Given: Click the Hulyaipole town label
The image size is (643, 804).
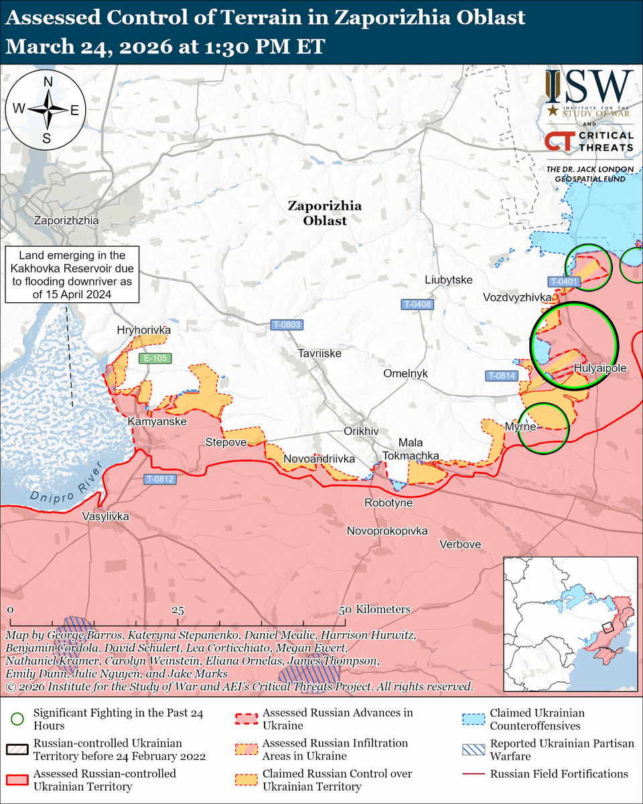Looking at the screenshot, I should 600,368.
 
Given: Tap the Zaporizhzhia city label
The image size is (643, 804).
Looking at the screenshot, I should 66,220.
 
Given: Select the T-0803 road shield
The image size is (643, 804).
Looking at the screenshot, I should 287,325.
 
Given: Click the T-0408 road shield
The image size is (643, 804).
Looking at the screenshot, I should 417,304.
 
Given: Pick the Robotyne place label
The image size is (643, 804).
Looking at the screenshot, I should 388,503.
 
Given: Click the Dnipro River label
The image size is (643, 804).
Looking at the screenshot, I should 64,486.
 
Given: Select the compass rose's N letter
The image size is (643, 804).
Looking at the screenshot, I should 48,82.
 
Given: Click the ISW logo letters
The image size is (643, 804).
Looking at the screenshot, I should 589,86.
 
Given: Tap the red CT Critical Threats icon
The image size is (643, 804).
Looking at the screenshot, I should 557,141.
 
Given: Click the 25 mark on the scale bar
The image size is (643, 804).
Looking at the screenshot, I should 177,610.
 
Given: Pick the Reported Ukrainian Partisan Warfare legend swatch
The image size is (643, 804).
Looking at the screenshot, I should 472,750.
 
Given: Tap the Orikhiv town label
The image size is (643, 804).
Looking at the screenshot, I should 361,431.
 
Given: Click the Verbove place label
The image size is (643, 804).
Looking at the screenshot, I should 460,544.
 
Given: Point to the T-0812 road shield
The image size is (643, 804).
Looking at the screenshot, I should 160,479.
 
